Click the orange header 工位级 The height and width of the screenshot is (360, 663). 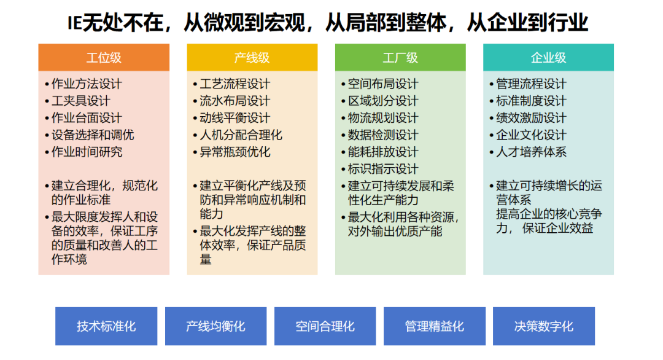[x=104, y=58]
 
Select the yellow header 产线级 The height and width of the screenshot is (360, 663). [x=252, y=58]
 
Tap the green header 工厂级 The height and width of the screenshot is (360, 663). [x=400, y=58]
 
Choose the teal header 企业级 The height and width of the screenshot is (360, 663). [x=548, y=58]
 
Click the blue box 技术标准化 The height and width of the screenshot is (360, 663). [x=106, y=326]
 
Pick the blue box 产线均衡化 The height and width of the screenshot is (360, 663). [x=215, y=326]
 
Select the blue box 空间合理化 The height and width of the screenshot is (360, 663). [x=325, y=326]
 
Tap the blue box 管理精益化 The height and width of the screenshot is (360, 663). [x=434, y=326]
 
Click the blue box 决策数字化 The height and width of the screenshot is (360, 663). [x=543, y=326]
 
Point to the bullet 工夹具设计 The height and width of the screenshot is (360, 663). [x=80, y=101]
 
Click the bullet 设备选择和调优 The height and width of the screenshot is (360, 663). [x=92, y=135]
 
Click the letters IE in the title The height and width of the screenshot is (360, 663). [x=74, y=23]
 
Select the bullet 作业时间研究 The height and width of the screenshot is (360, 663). [x=86, y=152]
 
